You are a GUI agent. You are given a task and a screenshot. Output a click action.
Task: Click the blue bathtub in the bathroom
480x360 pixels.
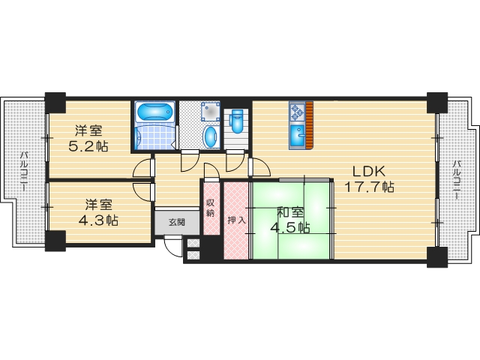(x=154, y=114)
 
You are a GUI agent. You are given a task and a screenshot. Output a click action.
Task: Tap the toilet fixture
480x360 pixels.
(x=237, y=120)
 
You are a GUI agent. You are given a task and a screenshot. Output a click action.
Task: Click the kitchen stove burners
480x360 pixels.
(x=295, y=112)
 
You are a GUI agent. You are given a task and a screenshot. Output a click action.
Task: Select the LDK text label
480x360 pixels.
(x=363, y=171)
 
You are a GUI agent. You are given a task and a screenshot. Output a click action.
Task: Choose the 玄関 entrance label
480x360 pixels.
(x=178, y=222)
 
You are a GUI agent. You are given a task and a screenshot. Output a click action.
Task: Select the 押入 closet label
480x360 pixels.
(x=234, y=220)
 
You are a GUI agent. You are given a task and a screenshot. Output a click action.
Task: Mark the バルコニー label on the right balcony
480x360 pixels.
(x=455, y=181)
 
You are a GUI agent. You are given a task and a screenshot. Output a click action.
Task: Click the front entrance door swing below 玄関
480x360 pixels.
(x=172, y=241)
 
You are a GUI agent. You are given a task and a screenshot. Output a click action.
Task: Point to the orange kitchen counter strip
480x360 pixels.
(x=308, y=124)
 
